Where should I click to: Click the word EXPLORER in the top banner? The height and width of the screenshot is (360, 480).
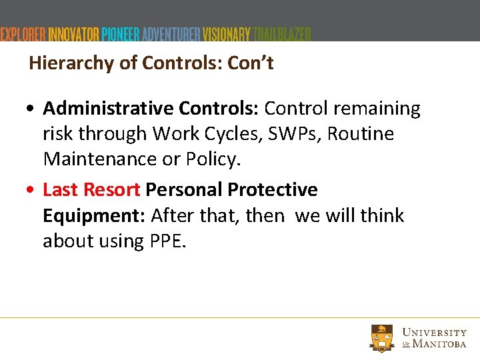pos(23,35)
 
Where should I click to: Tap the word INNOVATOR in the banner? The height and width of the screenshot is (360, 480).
pos(74,35)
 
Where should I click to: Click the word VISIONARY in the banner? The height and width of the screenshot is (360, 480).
pos(227,35)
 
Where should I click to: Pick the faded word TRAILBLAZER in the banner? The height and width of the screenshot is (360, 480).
pos(281,35)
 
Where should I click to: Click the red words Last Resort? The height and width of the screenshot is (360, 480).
pos(91,190)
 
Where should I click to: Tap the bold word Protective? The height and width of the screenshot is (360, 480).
pos(273,190)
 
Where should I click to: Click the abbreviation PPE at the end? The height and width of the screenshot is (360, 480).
pos(165,241)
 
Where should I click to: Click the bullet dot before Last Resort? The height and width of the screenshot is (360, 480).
pos(33,191)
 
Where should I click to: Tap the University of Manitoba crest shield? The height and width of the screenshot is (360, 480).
pos(383,337)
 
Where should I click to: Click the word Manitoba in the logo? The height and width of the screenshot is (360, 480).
pos(440,344)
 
